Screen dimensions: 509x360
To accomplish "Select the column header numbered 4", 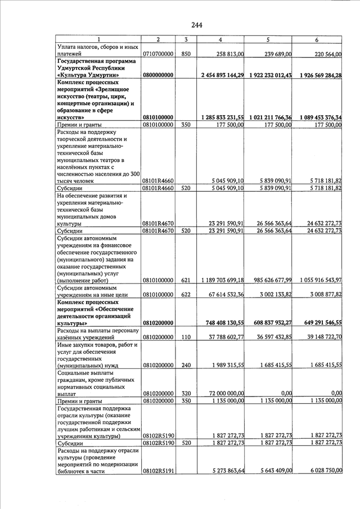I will click(220, 39).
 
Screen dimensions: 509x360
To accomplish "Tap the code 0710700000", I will click(157, 53).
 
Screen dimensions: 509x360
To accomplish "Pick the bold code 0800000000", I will click(157, 75).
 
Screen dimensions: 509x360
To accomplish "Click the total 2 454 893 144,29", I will click(222, 75).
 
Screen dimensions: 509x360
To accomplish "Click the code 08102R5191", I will click(158, 471).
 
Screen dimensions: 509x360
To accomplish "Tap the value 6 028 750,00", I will click(324, 471).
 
